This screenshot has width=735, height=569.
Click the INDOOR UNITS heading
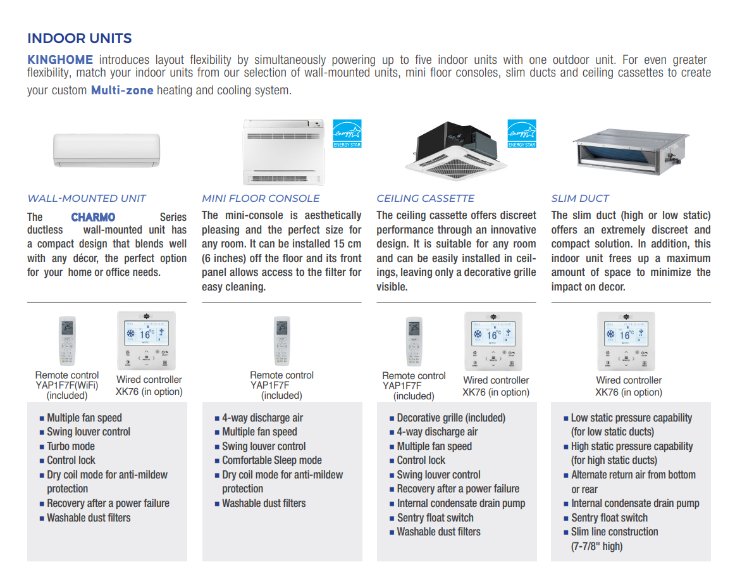[80, 38]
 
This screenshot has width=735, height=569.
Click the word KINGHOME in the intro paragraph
[60, 60]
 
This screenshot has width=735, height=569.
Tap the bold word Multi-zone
[122, 90]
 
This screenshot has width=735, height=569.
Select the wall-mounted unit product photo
[106, 150]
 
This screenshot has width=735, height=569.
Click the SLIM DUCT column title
[580, 198]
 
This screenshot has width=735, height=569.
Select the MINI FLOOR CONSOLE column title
[261, 198]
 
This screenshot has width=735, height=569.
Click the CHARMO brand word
[93, 217]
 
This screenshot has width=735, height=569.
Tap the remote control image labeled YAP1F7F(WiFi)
[67, 341]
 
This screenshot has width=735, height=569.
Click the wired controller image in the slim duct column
[626, 341]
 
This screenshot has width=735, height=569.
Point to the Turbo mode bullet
[71, 446]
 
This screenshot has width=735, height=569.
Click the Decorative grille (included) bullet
[451, 418]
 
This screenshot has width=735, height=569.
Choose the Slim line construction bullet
[614, 532]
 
